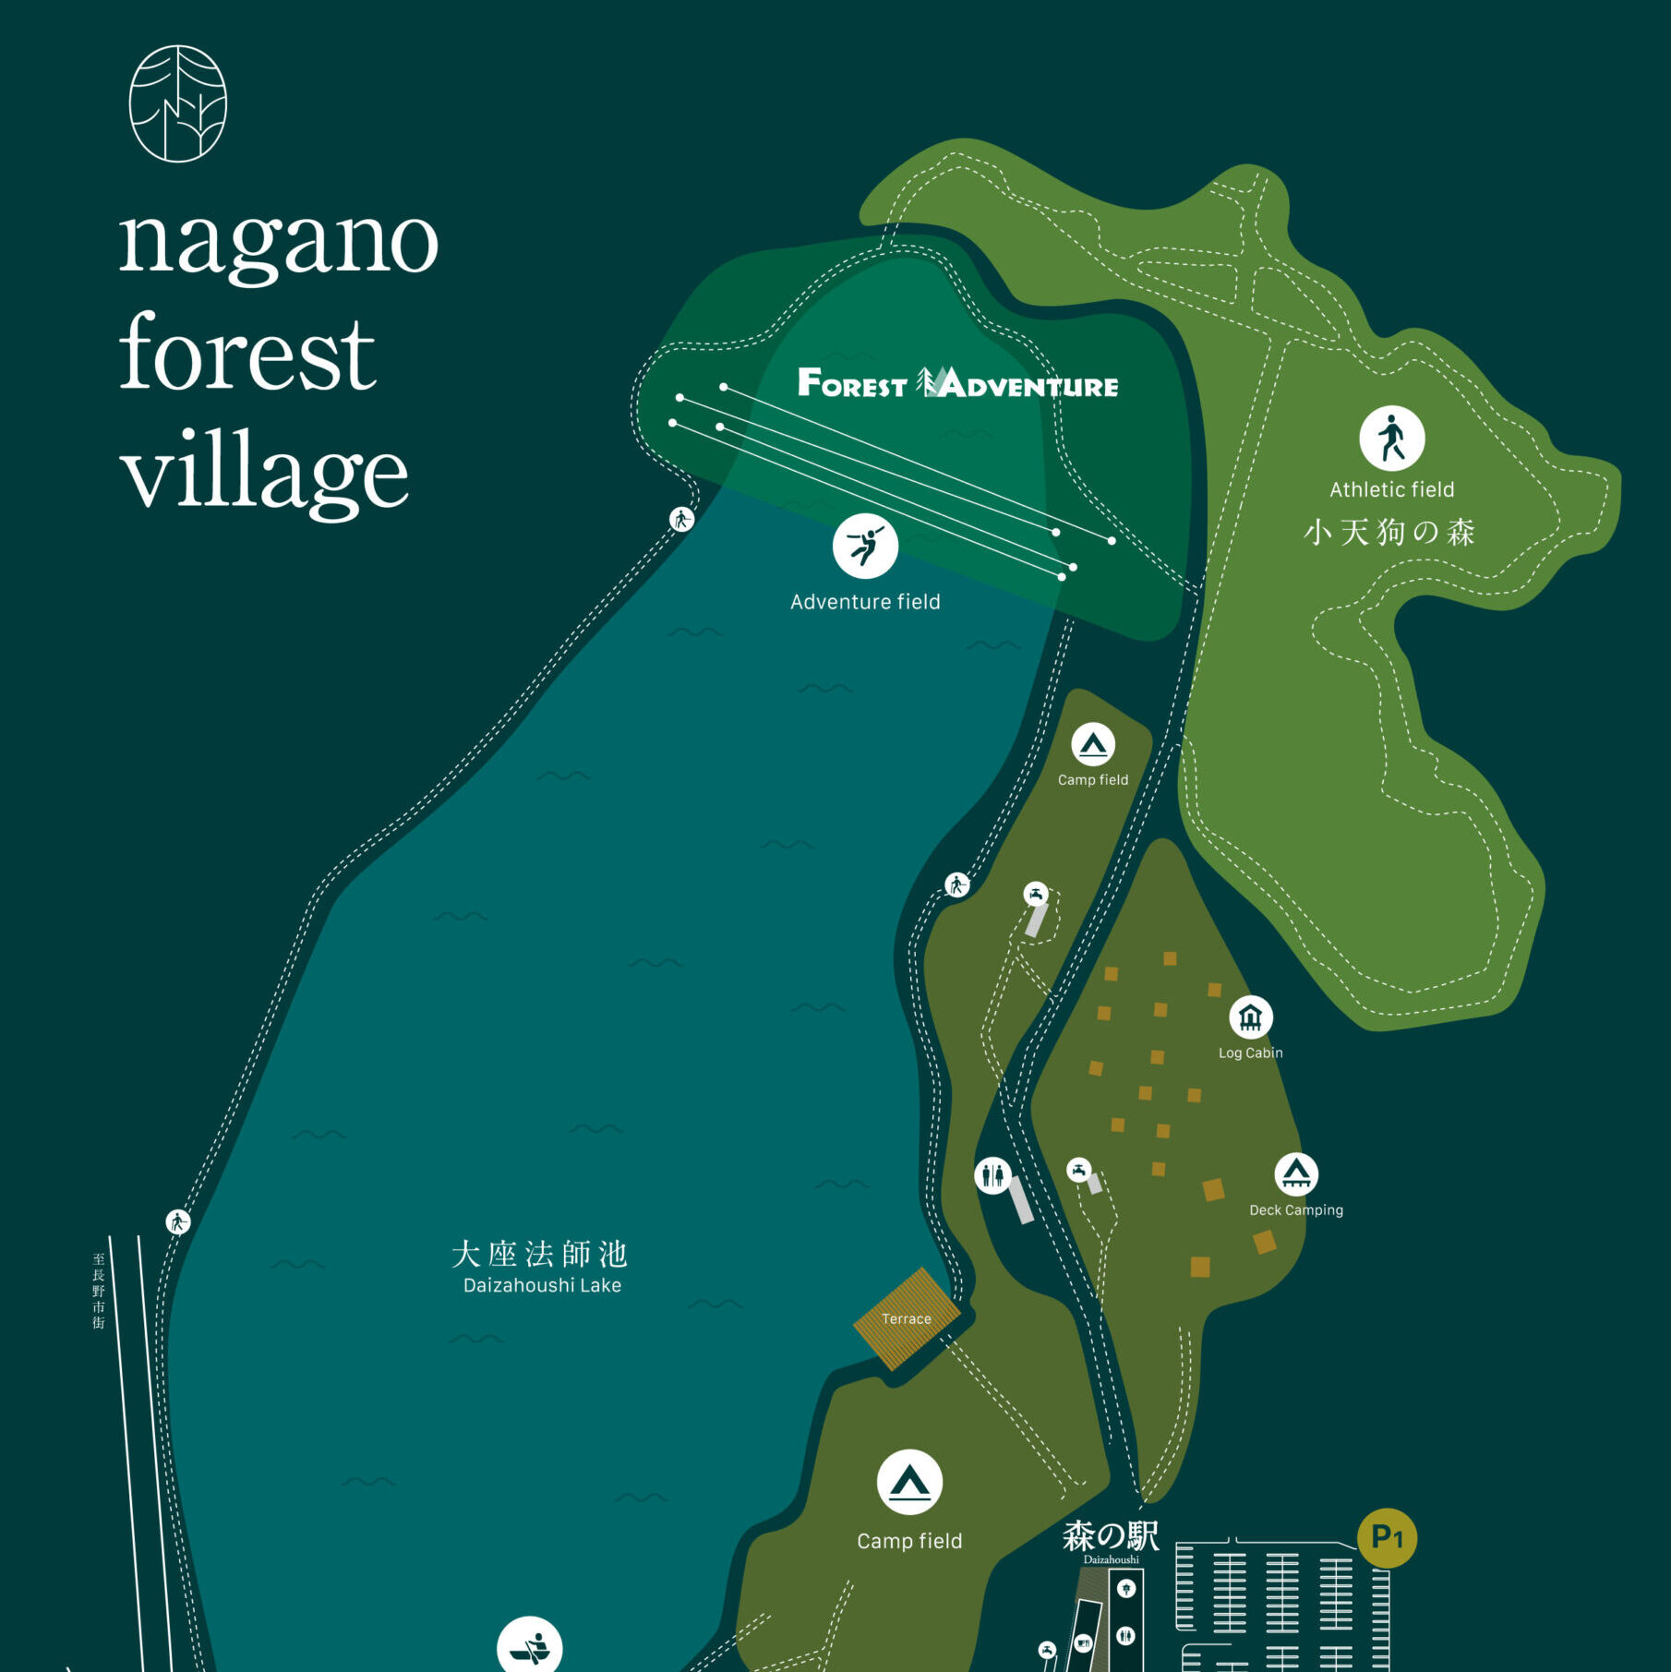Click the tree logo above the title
[177, 103]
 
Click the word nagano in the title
[278, 242]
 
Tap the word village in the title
[264, 471]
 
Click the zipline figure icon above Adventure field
[865, 546]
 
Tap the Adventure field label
[865, 602]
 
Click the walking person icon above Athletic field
[1391, 439]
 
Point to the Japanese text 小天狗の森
[1389, 532]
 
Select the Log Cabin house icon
[1250, 1017]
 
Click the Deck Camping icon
[1296, 1174]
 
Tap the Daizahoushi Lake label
[542, 1285]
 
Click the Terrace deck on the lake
[907, 1318]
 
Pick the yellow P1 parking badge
[1387, 1538]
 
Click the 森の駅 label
[1111, 1537]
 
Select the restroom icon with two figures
[992, 1175]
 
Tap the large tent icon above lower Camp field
[909, 1483]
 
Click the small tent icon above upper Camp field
[1093, 744]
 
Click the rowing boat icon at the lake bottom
[530, 1647]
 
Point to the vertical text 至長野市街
[99, 1291]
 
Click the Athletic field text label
[1391, 489]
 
